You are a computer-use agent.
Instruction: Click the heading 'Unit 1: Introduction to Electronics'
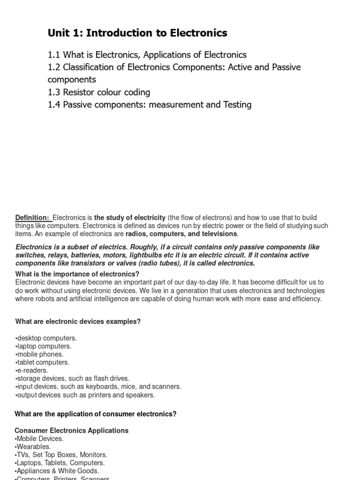(137, 33)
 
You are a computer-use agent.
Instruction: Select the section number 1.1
(54, 55)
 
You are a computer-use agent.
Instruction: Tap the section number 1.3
(54, 92)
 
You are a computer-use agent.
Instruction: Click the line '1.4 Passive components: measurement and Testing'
(150, 105)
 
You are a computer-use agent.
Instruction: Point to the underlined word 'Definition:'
(32, 217)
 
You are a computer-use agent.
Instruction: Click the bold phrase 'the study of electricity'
(130, 217)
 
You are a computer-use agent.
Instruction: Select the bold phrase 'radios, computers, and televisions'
(182, 234)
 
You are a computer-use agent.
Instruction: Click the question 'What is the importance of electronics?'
(77, 274)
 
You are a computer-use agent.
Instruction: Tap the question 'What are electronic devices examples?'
(78, 322)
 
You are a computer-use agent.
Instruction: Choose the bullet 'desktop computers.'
(46, 338)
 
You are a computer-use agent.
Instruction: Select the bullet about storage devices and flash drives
(73, 378)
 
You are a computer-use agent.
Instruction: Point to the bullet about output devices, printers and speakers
(85, 395)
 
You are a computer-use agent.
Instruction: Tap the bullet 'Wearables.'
(34, 447)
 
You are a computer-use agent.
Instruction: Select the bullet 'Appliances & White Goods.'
(57, 471)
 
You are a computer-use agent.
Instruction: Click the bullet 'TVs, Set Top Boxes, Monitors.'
(61, 455)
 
